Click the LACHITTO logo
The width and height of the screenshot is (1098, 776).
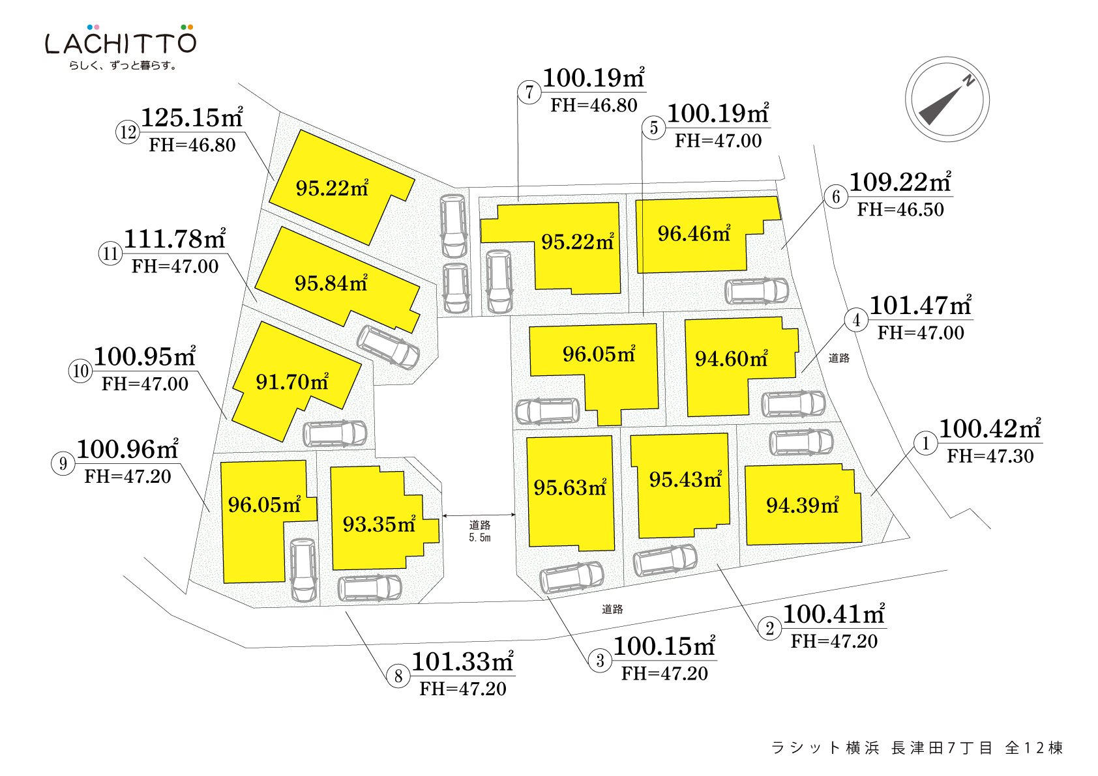(x=121, y=42)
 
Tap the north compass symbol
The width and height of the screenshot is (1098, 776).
(x=947, y=99)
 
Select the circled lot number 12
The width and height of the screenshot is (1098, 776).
(x=128, y=132)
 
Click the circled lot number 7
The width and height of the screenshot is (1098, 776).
(x=529, y=93)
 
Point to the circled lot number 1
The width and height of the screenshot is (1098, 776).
(x=925, y=444)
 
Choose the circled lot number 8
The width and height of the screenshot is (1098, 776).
(x=398, y=676)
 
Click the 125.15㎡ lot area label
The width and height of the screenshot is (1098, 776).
(x=192, y=118)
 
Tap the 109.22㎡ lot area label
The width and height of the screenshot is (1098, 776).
(x=900, y=182)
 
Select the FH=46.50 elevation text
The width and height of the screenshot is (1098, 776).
(x=900, y=210)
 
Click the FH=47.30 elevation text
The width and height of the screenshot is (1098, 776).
(x=990, y=456)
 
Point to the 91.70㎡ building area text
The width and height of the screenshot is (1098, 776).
(x=291, y=382)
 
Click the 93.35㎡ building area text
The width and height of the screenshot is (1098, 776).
(x=379, y=524)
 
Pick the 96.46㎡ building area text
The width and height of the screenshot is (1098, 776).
(x=693, y=233)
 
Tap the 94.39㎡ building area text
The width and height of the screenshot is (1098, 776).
(x=802, y=505)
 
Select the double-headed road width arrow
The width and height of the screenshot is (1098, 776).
(x=479, y=515)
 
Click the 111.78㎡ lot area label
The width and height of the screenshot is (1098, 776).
(x=174, y=239)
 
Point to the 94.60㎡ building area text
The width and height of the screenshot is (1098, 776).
(x=731, y=358)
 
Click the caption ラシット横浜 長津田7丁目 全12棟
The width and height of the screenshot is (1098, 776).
(x=916, y=748)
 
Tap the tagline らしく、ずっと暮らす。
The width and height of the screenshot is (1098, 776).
(x=123, y=65)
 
